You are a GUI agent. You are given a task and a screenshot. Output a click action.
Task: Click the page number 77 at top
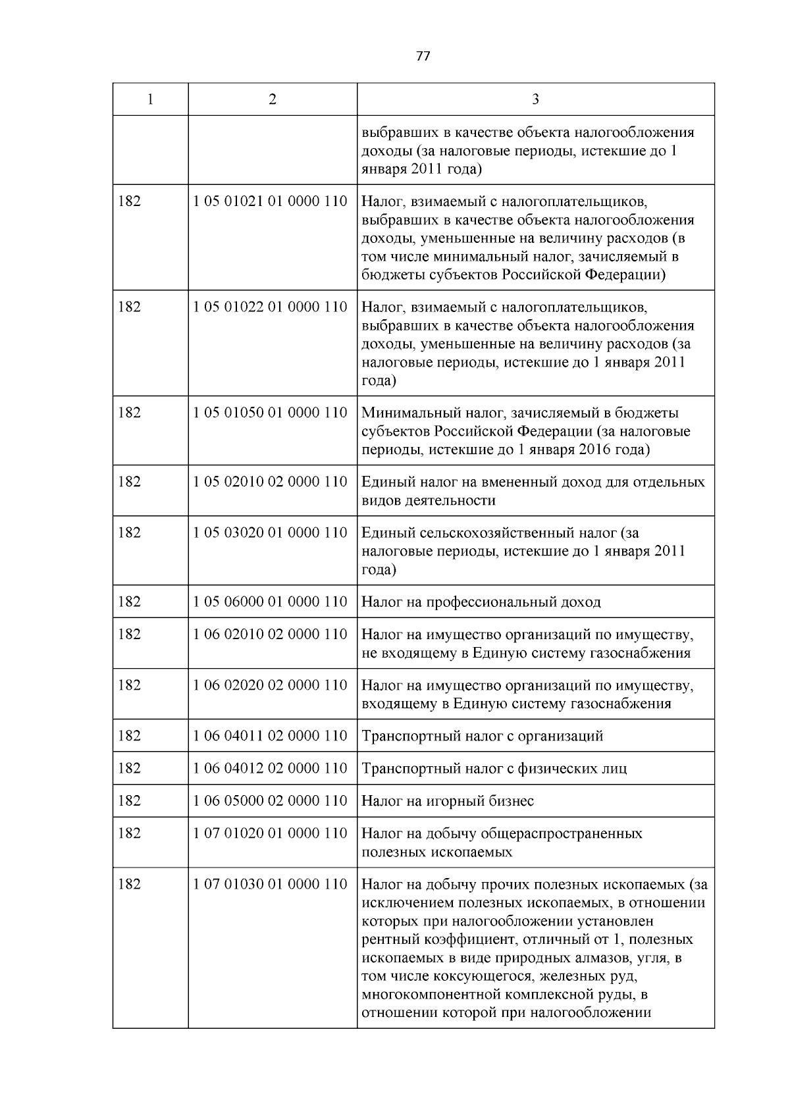pos(423,57)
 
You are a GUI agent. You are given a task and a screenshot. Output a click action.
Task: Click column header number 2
pos(273,99)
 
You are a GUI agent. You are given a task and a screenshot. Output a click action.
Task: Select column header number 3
pos(535,99)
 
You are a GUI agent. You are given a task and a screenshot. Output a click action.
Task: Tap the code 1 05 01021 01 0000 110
pos(270,201)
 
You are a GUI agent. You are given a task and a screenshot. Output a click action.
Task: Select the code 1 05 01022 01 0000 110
pos(270,307)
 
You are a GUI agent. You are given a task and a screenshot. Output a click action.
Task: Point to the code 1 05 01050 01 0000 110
pos(270,413)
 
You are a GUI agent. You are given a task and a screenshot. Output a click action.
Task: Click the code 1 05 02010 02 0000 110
pos(270,482)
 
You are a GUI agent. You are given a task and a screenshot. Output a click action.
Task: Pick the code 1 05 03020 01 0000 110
pos(270,533)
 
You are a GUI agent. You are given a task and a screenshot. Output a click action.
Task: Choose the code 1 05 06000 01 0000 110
pos(270,602)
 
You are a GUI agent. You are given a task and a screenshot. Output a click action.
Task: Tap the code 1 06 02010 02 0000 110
pos(270,634)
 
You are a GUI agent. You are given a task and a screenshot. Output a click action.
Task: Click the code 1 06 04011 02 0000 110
pos(270,736)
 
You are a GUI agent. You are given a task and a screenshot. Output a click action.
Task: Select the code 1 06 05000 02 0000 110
pos(270,801)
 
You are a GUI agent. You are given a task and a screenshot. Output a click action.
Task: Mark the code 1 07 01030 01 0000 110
pos(270,884)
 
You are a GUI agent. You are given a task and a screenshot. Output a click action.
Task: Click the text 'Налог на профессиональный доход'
pos(481,602)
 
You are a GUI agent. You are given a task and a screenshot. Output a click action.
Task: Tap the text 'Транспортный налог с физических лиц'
pos(494,769)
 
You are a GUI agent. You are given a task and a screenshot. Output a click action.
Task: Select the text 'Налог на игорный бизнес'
pos(448,802)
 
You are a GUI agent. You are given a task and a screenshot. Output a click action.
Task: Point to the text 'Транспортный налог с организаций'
pos(483,737)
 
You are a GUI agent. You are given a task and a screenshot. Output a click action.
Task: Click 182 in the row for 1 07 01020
pos(129,833)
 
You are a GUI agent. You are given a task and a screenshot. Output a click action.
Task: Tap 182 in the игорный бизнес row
pos(129,801)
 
